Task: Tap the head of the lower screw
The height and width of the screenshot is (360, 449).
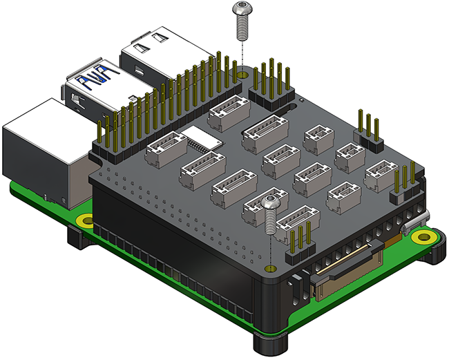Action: point(271,202)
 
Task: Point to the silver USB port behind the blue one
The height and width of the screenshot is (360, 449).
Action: point(155,48)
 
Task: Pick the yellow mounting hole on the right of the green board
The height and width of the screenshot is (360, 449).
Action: point(420,236)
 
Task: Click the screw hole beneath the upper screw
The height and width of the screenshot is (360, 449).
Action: point(242,71)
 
